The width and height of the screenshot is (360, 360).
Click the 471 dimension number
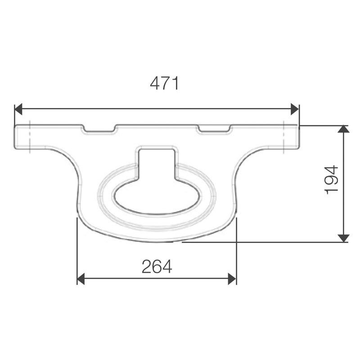coord(164,83)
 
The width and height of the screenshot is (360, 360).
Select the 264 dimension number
coord(157,266)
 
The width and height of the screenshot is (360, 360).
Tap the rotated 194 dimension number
coord(332,180)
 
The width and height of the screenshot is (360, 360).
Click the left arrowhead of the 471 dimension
coord(18,109)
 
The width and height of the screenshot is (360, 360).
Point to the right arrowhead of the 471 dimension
coord(295,109)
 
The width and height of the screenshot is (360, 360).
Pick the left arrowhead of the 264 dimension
coord(81,279)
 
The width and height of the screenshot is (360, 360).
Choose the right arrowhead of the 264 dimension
coord(232,279)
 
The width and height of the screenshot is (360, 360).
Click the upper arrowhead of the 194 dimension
coord(344,129)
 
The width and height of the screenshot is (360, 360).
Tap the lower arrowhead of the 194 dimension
coord(344,238)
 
